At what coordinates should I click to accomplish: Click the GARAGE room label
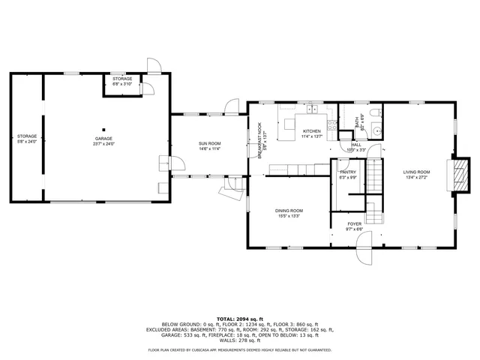click(x=103, y=138)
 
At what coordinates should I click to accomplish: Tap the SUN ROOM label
click(x=209, y=144)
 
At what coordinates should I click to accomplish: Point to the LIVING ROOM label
click(x=416, y=172)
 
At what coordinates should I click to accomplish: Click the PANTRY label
click(x=348, y=172)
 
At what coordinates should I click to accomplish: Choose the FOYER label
click(x=355, y=224)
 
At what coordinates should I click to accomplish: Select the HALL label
click(x=356, y=145)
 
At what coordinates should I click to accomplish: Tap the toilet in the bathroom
click(x=378, y=113)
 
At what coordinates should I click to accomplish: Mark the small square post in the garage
click(x=104, y=128)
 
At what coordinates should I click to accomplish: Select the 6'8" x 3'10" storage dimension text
click(x=122, y=84)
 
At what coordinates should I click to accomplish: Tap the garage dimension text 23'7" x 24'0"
click(x=103, y=143)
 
